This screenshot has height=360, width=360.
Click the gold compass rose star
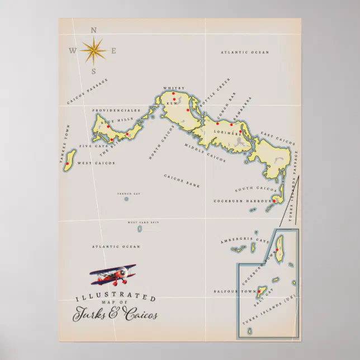[x=93, y=51]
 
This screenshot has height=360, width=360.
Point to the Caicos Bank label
[x=182, y=179]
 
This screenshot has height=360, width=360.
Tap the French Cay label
[x=126, y=193]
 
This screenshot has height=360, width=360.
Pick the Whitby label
[x=173, y=88]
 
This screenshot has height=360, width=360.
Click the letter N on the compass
[x=93, y=30]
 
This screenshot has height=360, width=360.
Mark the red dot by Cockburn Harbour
[x=274, y=200]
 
